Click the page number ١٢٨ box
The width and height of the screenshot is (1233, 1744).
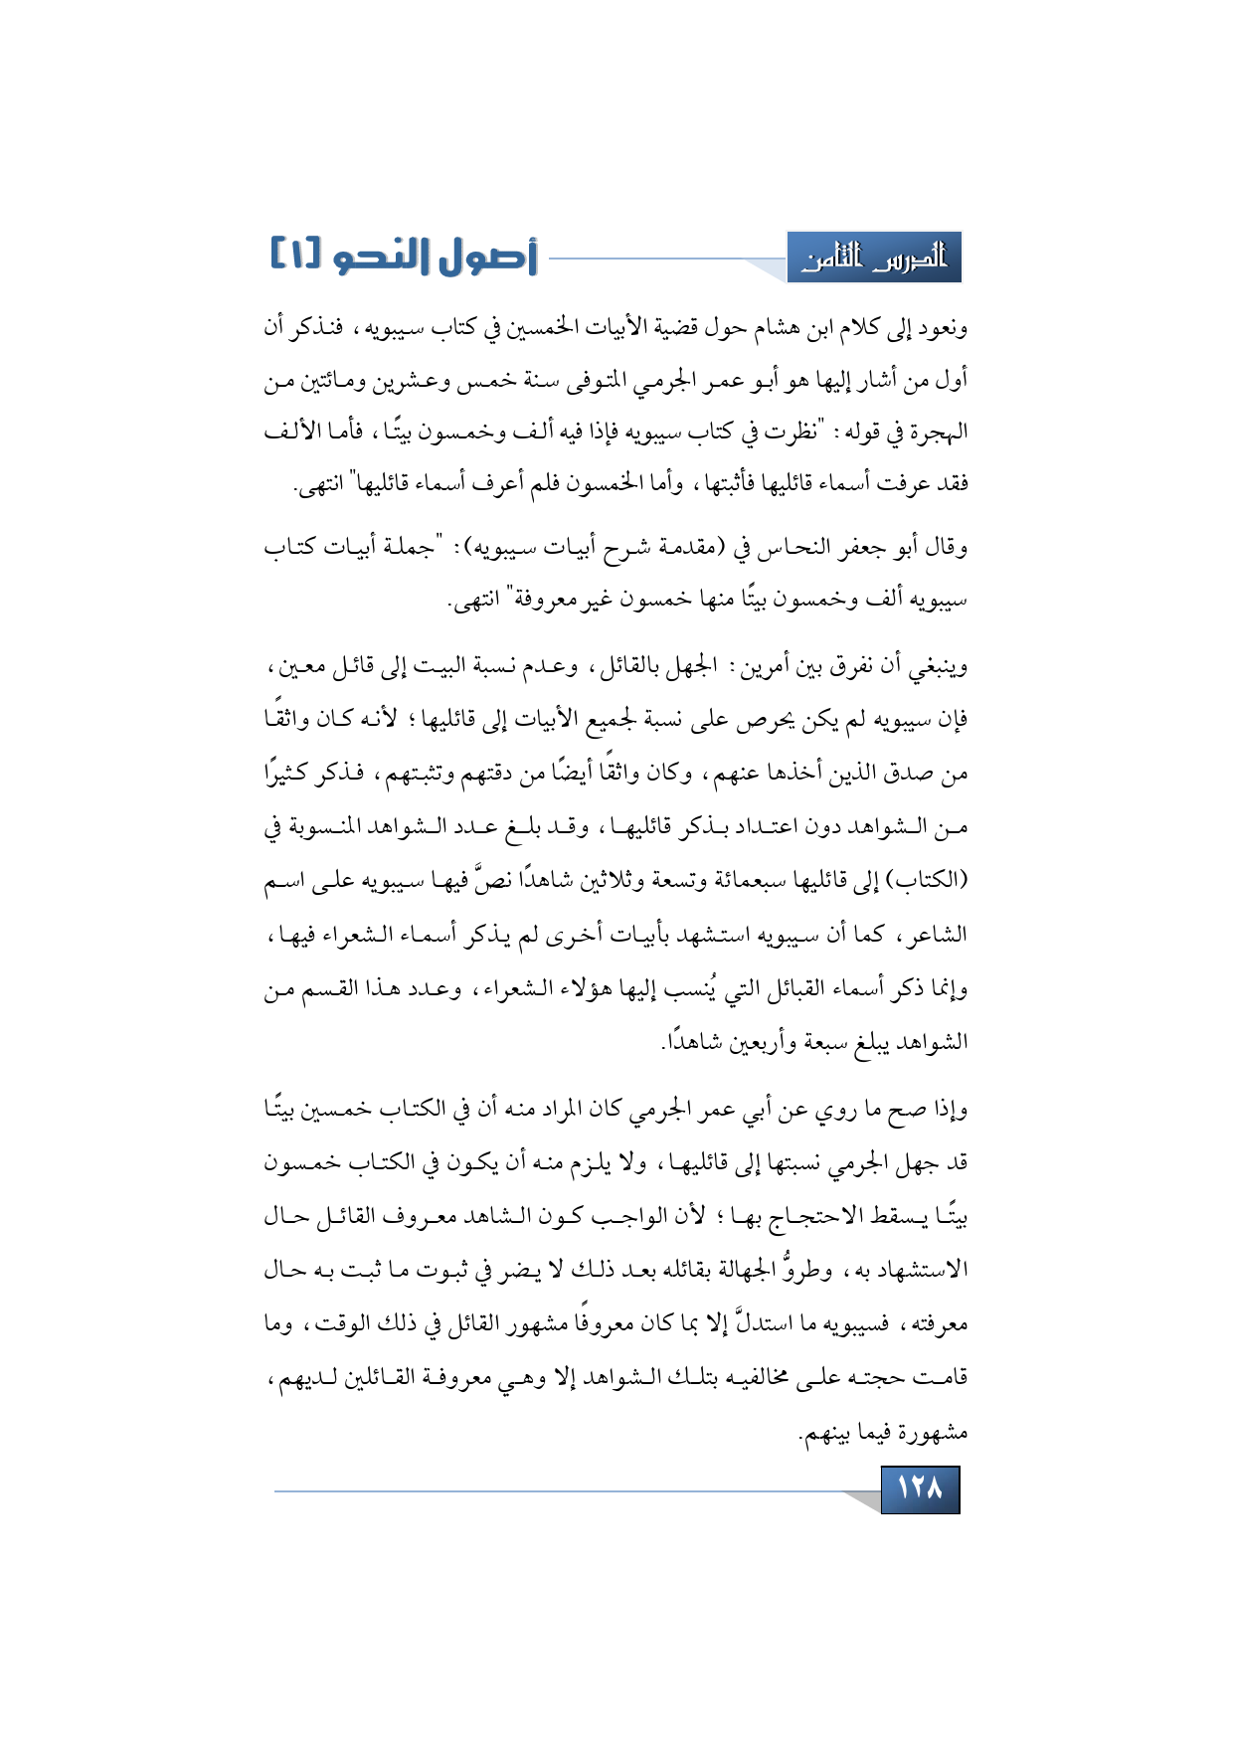[x=920, y=1488]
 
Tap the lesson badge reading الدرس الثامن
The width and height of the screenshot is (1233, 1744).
[x=874, y=259]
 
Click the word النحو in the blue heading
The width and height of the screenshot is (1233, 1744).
[x=383, y=257]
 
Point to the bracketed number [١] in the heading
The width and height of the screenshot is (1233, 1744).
[x=295, y=256]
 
